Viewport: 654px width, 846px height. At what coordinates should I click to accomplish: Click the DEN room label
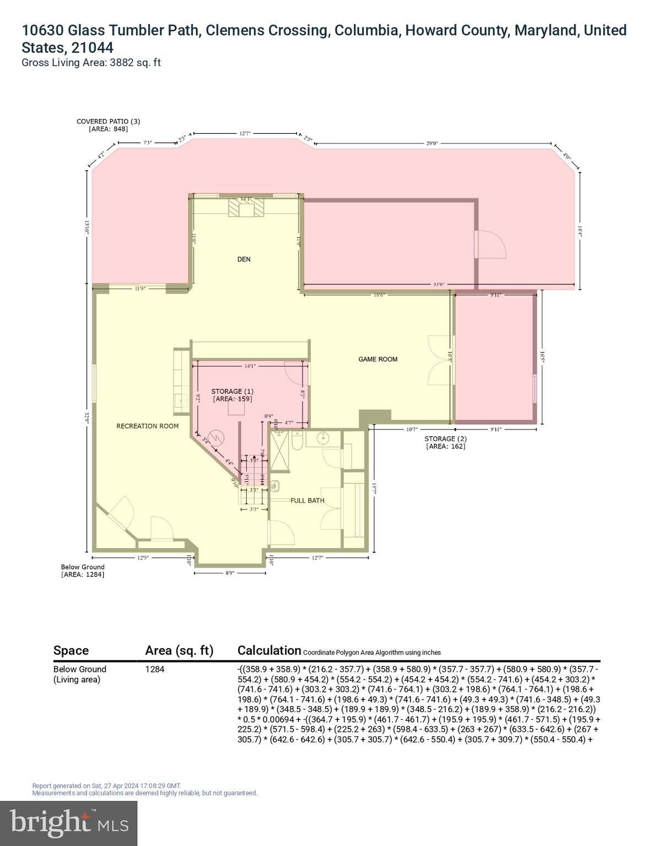(x=244, y=259)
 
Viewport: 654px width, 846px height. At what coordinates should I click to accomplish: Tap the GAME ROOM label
(x=377, y=359)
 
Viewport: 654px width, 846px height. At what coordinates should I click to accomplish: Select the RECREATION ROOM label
(x=147, y=426)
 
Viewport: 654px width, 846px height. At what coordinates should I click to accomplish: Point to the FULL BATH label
(x=307, y=501)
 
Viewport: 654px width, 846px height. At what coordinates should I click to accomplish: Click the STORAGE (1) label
(x=232, y=392)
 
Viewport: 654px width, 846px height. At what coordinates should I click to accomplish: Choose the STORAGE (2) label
(x=445, y=439)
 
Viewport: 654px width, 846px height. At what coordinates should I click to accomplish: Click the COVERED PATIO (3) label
(x=108, y=121)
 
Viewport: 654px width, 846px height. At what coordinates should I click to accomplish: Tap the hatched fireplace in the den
(x=246, y=209)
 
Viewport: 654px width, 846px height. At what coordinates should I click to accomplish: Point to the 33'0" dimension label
(x=439, y=285)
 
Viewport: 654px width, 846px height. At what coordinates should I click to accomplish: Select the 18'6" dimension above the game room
(x=379, y=295)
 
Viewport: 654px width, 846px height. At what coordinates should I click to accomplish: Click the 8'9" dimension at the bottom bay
(x=230, y=573)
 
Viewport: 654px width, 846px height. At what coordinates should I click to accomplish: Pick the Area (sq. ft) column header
(x=179, y=650)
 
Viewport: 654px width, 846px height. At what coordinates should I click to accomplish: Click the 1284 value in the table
(x=155, y=669)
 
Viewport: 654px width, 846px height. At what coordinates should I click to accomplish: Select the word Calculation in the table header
(x=269, y=650)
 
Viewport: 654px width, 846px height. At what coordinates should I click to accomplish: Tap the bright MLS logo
(x=69, y=823)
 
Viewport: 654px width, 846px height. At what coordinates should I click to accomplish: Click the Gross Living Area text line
(x=91, y=62)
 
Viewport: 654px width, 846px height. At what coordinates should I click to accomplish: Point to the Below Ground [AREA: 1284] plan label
(x=83, y=571)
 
